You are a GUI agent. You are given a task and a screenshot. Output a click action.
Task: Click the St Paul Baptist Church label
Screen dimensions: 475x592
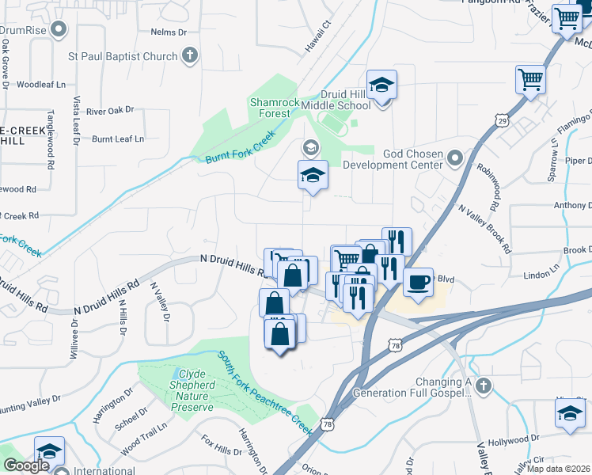(122, 56)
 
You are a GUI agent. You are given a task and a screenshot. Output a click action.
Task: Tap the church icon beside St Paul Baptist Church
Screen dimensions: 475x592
(189, 56)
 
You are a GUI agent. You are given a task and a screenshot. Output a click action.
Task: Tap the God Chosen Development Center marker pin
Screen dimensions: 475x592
(454, 159)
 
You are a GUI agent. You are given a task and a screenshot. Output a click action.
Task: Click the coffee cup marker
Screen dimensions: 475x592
(418, 282)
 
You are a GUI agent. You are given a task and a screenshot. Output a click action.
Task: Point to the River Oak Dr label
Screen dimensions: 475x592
(110, 111)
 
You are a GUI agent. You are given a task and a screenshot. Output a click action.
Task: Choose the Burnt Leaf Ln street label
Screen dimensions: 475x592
(118, 139)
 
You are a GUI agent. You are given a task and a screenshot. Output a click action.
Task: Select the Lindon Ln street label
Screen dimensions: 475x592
(542, 275)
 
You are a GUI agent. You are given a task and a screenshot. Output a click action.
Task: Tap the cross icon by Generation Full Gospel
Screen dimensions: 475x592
(483, 386)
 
